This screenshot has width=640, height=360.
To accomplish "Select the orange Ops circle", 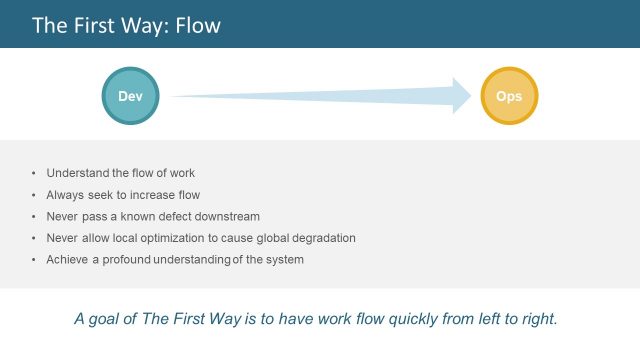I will pos(509,95).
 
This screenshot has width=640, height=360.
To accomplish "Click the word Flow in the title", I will pos(198,25).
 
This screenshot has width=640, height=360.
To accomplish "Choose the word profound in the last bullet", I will pos(134,260).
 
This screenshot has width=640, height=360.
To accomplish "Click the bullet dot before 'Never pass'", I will pos(34,216).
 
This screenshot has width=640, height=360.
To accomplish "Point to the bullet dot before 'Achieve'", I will pos(34,260).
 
